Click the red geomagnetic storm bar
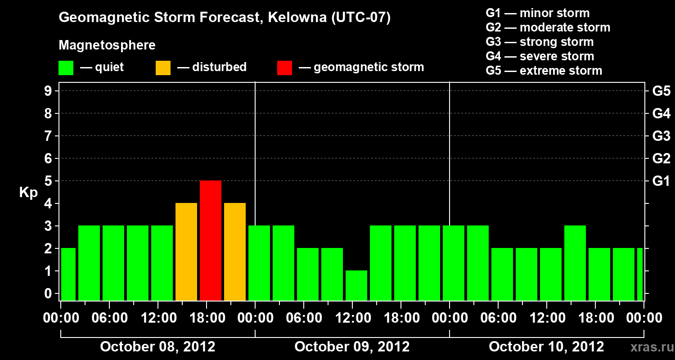tap(211, 240)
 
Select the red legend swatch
tap(284, 67)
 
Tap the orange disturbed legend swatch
tap(163, 67)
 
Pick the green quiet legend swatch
tap(66, 67)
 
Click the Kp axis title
tap(28, 193)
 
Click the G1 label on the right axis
tap(661, 181)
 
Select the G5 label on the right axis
tap(661, 91)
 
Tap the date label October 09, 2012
tap(352, 346)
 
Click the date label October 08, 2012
tap(157, 346)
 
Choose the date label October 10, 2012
tap(546, 346)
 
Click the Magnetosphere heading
tap(107, 45)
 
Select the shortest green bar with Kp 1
tap(356, 285)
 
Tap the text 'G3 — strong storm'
tap(540, 42)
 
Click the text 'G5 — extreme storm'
tap(544, 71)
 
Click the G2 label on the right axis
tap(661, 158)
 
